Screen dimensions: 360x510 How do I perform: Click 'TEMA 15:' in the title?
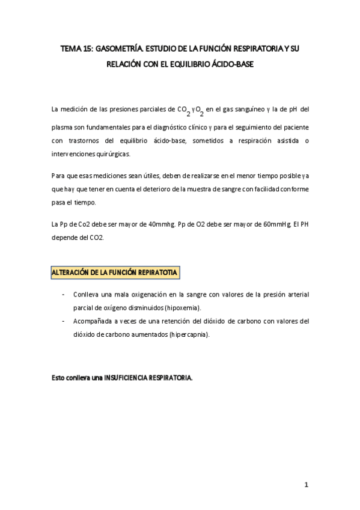pos(77,51)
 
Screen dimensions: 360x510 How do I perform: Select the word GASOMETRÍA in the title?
pos(123,51)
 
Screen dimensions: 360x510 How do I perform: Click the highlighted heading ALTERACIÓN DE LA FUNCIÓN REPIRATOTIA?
pos(115,272)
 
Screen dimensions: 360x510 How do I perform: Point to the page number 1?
pos(306,485)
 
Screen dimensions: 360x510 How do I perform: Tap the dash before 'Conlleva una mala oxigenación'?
pos(64,294)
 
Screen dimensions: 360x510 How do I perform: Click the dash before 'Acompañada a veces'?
pos(64,321)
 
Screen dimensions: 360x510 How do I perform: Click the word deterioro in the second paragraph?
pos(183,189)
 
